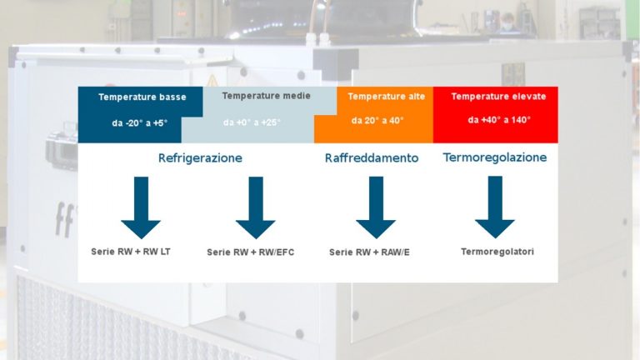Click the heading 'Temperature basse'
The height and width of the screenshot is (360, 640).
tap(142, 97)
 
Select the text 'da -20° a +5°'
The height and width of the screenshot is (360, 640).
tap(139, 122)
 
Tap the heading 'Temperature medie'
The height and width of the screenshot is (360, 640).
tap(256, 97)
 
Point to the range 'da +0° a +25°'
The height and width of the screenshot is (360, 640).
tap(252, 122)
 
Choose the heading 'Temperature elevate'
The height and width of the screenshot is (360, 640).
tap(498, 97)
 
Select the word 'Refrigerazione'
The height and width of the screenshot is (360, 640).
tap(200, 157)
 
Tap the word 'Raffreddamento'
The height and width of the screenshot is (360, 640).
tap(371, 157)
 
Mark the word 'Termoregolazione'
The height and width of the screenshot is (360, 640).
tap(495, 157)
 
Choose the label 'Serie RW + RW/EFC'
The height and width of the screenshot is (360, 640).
tap(250, 252)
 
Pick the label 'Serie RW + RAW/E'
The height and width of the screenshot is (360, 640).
tap(369, 252)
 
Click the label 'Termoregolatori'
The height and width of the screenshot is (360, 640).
tap(497, 251)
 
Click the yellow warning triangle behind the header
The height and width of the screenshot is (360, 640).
tap(212, 81)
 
